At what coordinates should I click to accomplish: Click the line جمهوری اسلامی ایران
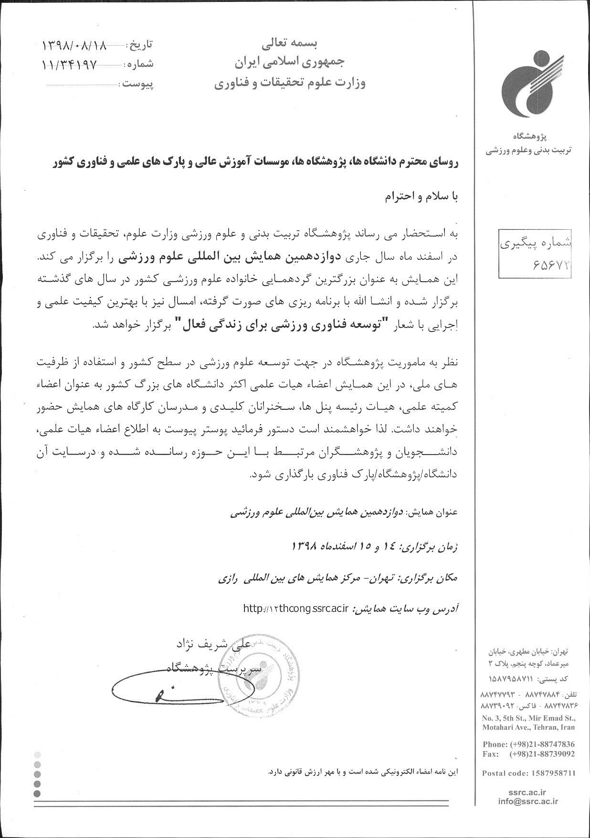pyautogui.click(x=289, y=62)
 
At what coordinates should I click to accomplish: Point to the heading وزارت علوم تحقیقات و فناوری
pyautogui.click(x=289, y=84)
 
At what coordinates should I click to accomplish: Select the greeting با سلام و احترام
pyautogui.click(x=421, y=197)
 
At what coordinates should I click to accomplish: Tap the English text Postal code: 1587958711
pyautogui.click(x=528, y=773)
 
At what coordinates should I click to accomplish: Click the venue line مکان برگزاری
pyautogui.click(x=337, y=578)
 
